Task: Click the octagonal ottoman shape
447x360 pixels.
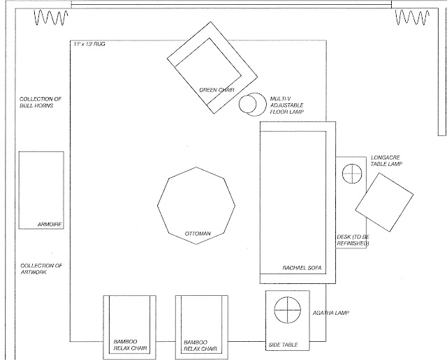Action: click(194, 203)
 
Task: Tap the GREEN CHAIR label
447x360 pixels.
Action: click(216, 90)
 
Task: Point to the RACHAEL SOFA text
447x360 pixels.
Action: click(301, 267)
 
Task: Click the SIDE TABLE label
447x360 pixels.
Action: click(283, 344)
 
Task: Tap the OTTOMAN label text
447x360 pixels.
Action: click(198, 232)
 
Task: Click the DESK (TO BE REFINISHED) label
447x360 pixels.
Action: click(354, 239)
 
